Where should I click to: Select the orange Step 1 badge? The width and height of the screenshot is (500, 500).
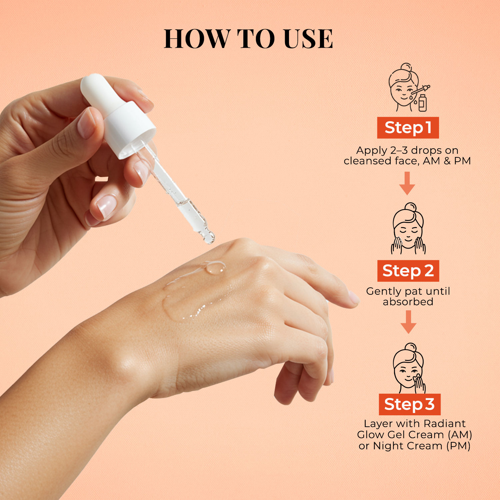408,128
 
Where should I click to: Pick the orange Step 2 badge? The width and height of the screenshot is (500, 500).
408,271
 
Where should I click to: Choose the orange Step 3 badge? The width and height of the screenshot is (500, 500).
409,404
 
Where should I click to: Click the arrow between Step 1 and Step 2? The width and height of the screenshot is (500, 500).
407,183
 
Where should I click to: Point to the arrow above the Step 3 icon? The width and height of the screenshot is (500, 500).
408,322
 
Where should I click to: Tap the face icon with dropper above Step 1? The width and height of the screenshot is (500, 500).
408,88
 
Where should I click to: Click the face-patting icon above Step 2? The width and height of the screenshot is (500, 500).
408,229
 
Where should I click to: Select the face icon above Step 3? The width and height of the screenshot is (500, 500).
409,368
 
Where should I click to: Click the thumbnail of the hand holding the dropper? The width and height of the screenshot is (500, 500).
86,123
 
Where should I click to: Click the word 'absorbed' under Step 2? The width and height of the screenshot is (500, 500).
408,302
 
